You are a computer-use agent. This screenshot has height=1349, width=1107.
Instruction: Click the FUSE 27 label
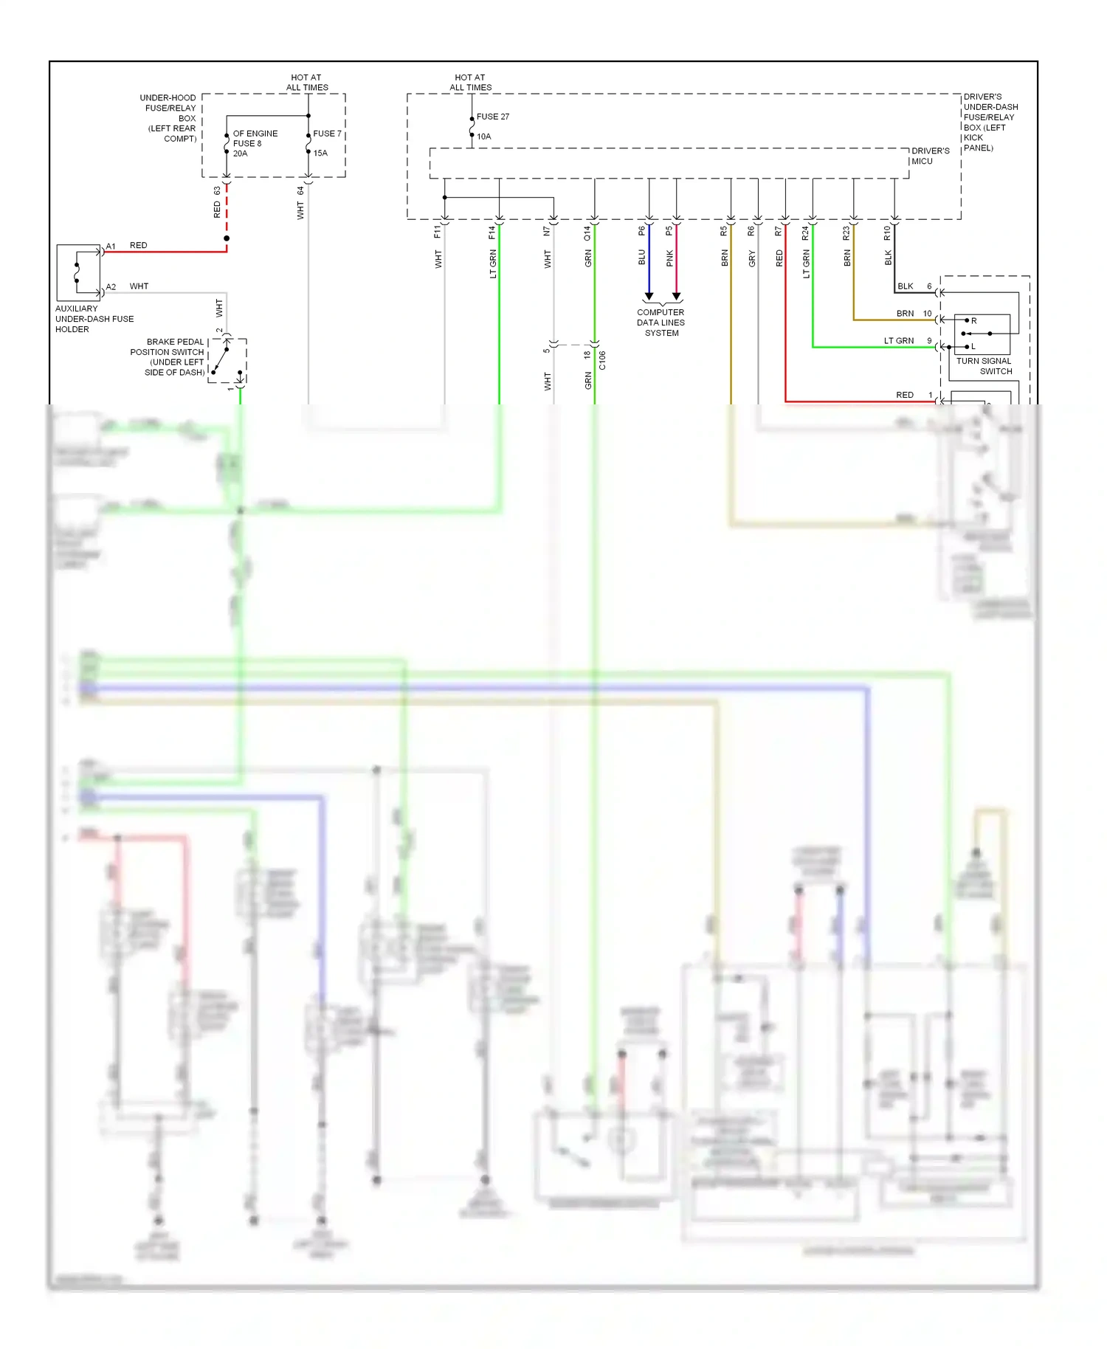(x=492, y=117)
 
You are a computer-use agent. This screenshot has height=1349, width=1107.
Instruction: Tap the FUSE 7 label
(x=327, y=134)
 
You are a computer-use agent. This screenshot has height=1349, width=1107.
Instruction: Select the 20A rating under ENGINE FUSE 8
(x=241, y=153)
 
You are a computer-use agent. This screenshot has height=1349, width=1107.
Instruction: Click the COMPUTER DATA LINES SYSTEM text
(x=661, y=322)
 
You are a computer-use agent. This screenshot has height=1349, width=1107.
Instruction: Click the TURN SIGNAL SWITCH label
(x=984, y=366)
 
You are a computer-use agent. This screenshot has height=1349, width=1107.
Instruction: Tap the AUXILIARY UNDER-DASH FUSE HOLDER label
(x=94, y=319)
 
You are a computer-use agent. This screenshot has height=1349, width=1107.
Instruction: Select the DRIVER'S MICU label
(x=930, y=156)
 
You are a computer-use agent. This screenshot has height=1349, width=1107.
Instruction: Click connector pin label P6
(x=642, y=231)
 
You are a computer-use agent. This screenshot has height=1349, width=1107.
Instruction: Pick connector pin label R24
(x=805, y=233)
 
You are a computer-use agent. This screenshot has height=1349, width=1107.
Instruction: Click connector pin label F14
(x=492, y=232)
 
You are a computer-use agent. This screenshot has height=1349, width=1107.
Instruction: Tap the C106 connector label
(x=602, y=360)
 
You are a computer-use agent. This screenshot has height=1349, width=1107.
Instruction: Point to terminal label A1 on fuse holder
(x=111, y=246)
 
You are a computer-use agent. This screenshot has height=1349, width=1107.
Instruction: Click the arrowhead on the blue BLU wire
(x=649, y=296)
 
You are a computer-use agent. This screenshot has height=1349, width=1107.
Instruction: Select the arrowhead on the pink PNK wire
(x=676, y=296)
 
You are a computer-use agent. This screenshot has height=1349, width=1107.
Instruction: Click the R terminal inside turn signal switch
(x=973, y=321)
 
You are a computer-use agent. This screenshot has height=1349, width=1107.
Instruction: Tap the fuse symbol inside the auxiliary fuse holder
(x=77, y=272)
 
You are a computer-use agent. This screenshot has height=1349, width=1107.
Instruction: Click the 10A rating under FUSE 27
(x=483, y=137)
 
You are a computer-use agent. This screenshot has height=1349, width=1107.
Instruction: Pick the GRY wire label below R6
(x=752, y=258)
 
